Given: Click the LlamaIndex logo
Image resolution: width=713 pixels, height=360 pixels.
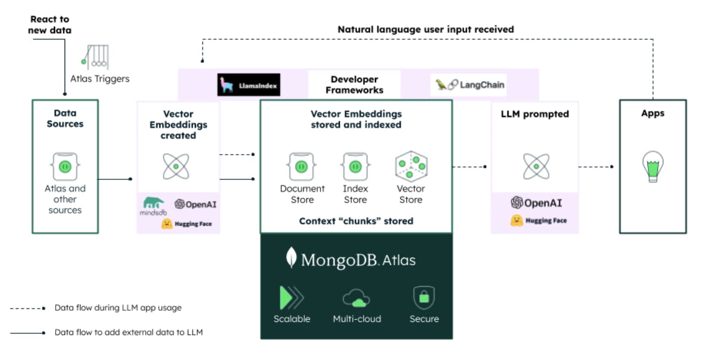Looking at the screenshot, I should click(249, 85).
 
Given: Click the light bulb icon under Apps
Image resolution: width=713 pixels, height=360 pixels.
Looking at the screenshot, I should click(653, 166).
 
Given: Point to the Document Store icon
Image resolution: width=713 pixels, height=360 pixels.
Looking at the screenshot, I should click(302, 166).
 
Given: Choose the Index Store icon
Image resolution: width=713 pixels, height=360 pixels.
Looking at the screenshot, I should click(355, 166).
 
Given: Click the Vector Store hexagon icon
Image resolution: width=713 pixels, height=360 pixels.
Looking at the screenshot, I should click(411, 166).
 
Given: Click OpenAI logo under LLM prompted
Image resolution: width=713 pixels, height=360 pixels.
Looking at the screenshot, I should click(536, 202).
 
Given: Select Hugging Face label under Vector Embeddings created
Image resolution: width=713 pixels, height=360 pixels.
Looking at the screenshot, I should click(186, 224).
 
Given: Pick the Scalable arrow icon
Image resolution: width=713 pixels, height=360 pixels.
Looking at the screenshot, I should click(291, 297).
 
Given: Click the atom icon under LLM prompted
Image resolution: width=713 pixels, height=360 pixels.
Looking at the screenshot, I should click(536, 166).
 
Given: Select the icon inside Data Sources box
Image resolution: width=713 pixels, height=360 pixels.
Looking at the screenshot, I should click(65, 166).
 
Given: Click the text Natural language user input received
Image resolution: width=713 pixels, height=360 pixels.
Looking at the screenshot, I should click(425, 29).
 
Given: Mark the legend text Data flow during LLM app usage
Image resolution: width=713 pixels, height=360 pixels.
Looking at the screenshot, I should click(118, 308).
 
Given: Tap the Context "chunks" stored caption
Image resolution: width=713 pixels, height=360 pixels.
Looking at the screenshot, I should click(356, 221).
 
